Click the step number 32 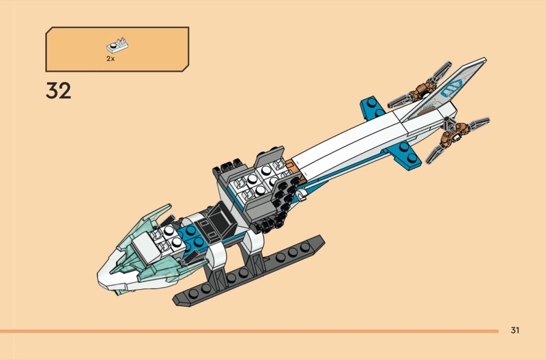coord(58,91)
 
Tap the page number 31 coord(515,330)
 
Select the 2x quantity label coord(111,59)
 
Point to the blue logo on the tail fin coord(451,88)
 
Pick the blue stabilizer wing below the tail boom coord(404,154)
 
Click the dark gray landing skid coord(249,272)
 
